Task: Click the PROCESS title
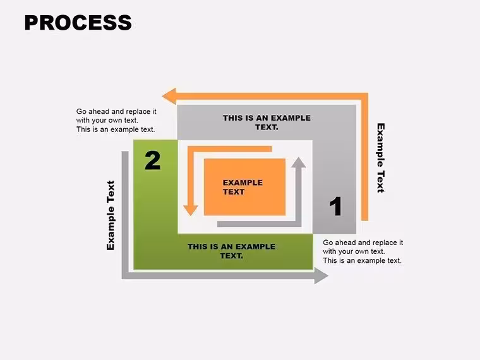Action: click(78, 23)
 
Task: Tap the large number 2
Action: click(152, 160)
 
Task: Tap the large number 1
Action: click(336, 207)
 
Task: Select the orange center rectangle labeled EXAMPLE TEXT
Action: click(244, 187)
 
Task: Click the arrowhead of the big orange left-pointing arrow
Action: click(169, 96)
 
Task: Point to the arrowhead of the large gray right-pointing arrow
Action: click(321, 276)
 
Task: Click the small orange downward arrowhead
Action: click(190, 210)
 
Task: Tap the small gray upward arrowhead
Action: click(298, 162)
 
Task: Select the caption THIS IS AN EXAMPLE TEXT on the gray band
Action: click(267, 123)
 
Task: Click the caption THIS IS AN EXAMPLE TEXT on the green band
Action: click(231, 251)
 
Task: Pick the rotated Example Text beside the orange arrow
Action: click(380, 158)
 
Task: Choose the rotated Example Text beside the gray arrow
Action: click(111, 215)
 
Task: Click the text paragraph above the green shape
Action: click(116, 120)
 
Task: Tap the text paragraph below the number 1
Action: click(363, 251)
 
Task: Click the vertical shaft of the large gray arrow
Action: click(125, 215)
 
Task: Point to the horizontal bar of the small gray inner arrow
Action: click(260, 224)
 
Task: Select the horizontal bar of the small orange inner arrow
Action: click(230, 149)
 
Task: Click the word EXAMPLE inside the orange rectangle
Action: click(243, 183)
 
